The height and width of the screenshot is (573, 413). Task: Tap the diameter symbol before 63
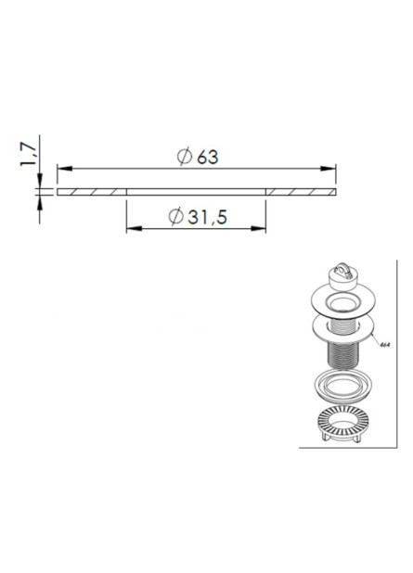pyautogui.click(x=185, y=158)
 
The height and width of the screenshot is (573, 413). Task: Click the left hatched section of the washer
pyautogui.click(x=91, y=192)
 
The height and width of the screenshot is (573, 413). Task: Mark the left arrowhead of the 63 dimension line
pyautogui.click(x=64, y=169)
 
